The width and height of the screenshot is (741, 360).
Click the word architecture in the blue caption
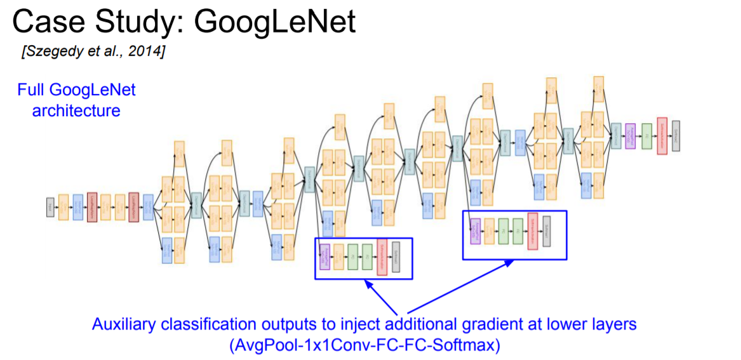76,110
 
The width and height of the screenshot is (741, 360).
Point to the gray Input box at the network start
50,206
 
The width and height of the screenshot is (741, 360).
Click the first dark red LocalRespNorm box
91,206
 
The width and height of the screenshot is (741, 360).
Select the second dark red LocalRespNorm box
133,206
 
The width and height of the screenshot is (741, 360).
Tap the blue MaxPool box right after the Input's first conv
77,206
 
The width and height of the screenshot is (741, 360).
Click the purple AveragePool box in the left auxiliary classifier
324,257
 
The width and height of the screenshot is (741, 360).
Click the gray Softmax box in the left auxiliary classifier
396,257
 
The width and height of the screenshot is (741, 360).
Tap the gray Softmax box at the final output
676,135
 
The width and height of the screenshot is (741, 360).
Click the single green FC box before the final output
647,136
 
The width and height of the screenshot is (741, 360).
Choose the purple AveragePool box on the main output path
631,136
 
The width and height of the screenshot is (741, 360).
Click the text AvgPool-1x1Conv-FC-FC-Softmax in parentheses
364,345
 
